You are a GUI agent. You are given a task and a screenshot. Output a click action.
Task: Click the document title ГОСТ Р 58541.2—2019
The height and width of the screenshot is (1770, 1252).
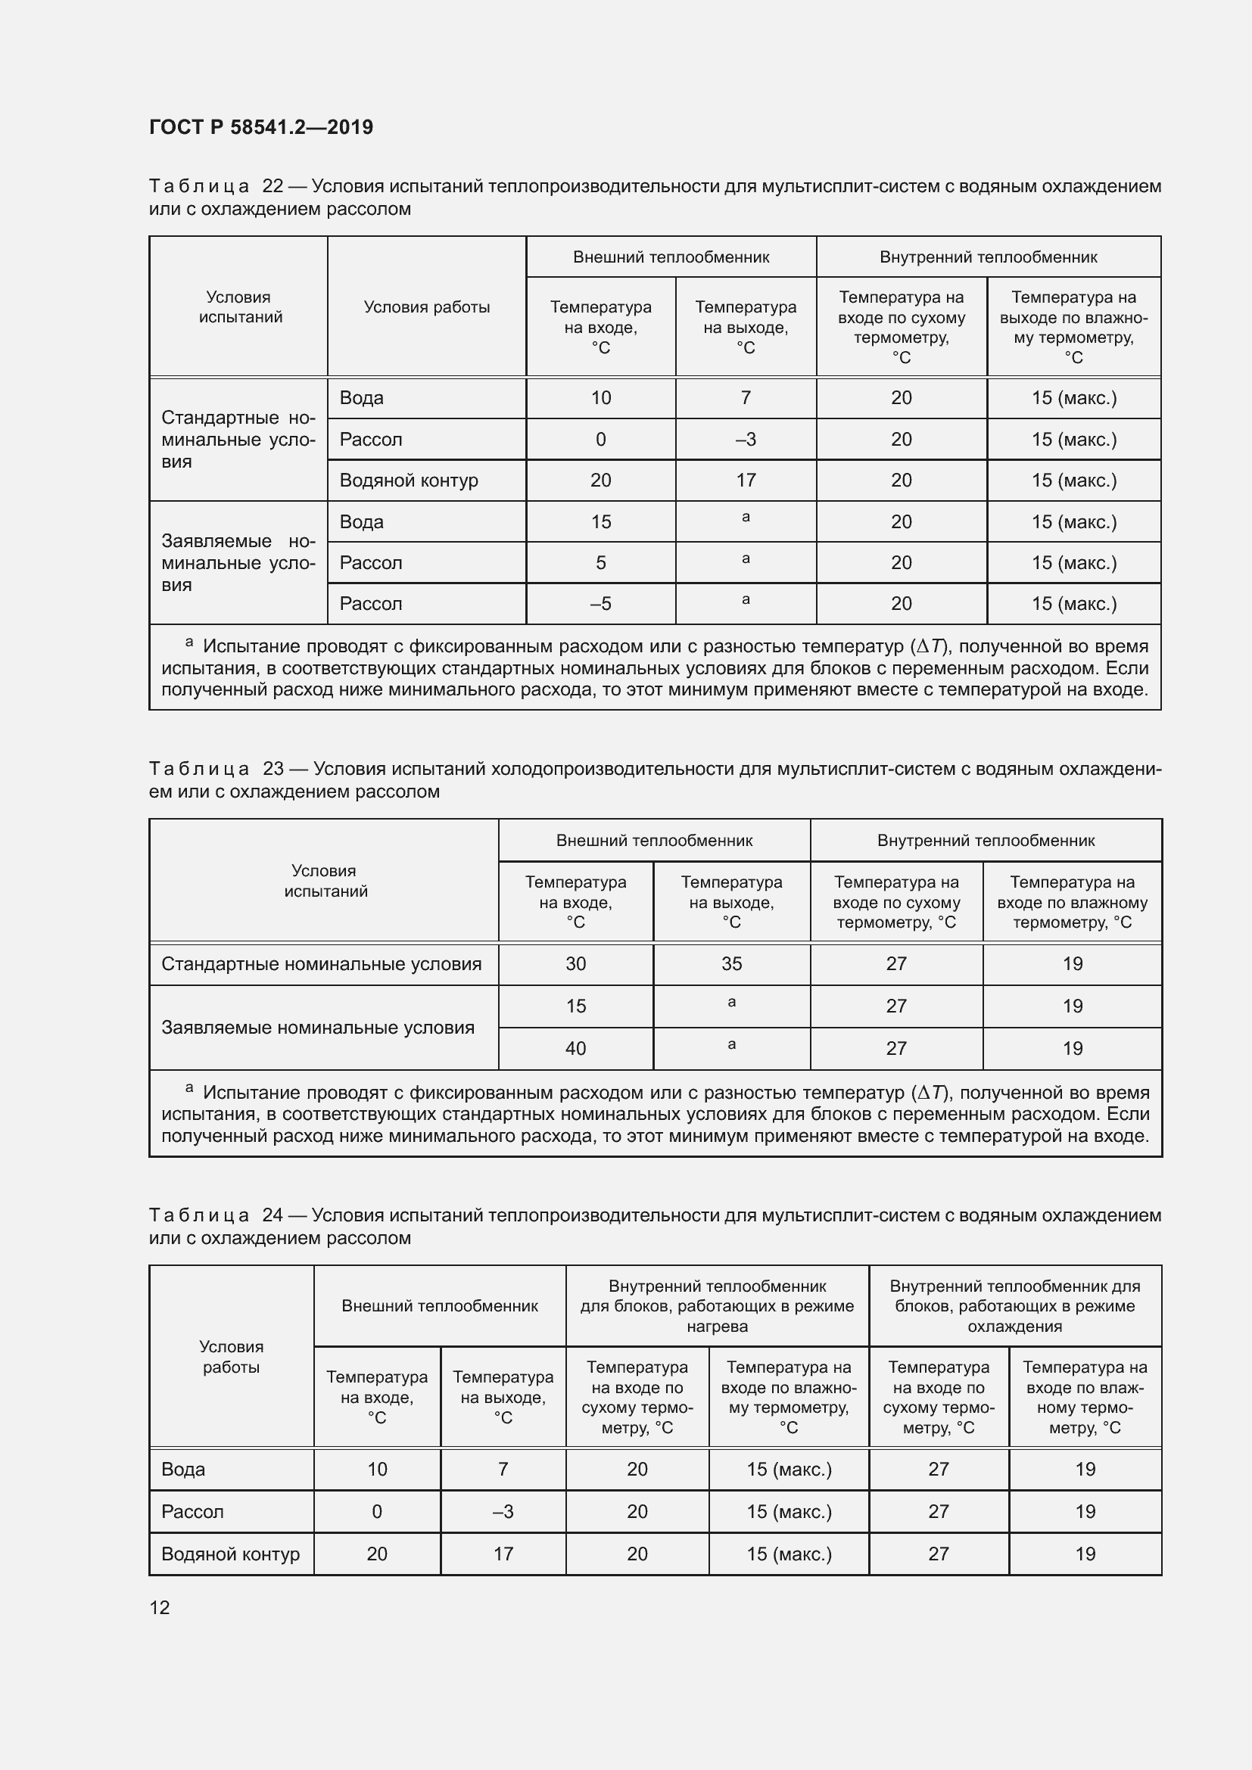(x=260, y=127)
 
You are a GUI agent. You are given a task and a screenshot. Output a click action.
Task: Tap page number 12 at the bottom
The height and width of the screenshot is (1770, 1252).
(x=160, y=1607)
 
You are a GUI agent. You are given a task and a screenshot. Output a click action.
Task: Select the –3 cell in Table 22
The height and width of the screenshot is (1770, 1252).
(x=745, y=440)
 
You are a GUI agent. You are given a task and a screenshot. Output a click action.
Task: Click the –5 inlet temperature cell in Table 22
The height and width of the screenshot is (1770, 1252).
(x=600, y=604)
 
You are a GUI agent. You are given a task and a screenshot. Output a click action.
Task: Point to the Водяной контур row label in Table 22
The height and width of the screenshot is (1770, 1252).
(x=409, y=481)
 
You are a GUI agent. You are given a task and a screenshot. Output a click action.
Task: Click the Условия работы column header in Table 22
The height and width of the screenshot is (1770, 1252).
(x=426, y=306)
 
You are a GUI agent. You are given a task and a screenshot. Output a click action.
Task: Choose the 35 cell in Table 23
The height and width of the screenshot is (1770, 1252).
(x=731, y=963)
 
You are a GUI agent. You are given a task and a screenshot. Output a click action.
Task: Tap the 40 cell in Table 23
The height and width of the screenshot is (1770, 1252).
(x=575, y=1048)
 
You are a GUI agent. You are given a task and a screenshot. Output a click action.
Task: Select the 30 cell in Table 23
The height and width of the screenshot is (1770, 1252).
(x=575, y=963)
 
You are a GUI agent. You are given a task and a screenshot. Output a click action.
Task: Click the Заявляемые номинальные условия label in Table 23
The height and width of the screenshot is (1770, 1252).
(x=318, y=1028)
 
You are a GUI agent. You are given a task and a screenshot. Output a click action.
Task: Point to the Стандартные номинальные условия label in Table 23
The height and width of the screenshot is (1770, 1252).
(x=321, y=963)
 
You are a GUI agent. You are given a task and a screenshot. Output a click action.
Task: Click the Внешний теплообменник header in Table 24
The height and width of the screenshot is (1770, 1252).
(x=440, y=1306)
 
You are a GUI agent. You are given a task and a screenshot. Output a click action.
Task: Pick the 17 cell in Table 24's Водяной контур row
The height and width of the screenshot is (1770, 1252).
(x=503, y=1554)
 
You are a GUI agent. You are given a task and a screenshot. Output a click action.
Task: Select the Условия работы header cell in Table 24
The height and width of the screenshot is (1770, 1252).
(x=232, y=1357)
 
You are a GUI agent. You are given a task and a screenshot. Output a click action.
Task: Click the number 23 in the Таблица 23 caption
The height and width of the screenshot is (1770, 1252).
(x=273, y=769)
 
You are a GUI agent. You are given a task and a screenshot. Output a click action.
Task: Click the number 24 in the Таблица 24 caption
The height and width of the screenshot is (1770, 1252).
(x=273, y=1215)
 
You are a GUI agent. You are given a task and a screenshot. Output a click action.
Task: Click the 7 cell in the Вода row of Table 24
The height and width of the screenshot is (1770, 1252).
(x=503, y=1469)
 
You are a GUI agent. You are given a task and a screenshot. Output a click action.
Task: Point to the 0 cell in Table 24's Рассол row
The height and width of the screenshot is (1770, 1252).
(x=376, y=1511)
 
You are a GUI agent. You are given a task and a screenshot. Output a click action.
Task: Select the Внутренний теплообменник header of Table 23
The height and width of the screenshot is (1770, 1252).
(x=986, y=840)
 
